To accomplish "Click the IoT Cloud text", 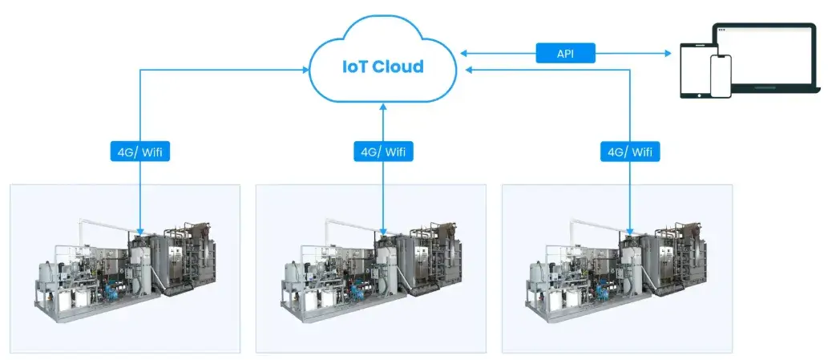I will tap(384, 67).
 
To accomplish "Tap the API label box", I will tap(565, 54).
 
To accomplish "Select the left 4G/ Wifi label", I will tap(140, 151).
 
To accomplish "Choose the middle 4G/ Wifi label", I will tap(383, 151).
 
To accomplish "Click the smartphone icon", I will tap(721, 77).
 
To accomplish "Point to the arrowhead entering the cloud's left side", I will tap(306, 71).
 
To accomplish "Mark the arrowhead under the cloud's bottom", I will tap(383, 107).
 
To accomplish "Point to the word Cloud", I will tap(398, 67).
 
